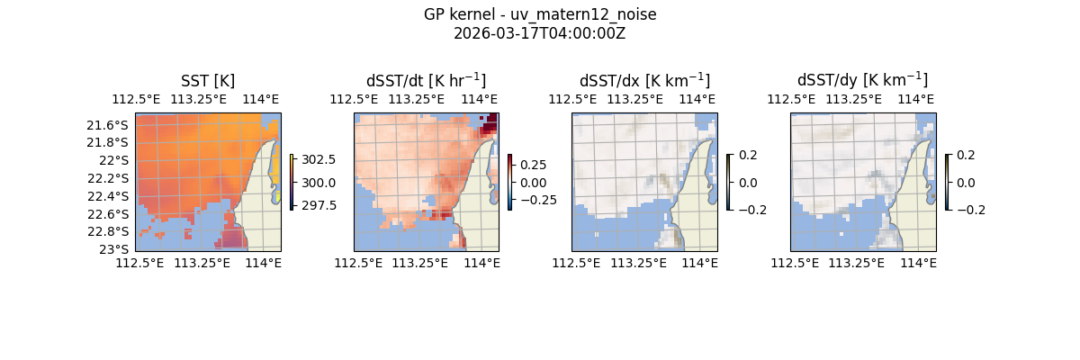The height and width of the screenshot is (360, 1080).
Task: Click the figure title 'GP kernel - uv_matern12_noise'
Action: coord(540,14)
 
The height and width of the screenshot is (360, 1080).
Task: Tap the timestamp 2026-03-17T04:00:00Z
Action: coord(540,33)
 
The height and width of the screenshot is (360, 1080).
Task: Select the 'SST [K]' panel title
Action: coord(208,80)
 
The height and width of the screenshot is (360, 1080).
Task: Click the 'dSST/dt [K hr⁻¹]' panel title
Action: coord(426,80)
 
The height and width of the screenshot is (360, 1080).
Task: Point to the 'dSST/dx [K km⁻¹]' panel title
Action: coord(644,80)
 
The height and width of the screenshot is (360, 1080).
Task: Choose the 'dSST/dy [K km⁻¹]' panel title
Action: coord(862,80)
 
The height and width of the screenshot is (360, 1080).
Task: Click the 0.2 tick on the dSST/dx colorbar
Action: coord(749,155)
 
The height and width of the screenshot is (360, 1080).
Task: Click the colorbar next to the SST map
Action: coord(292,182)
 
